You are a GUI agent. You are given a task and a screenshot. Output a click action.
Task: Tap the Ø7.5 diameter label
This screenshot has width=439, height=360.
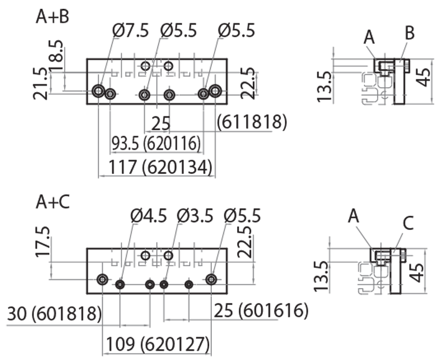pyautogui.click(x=131, y=31)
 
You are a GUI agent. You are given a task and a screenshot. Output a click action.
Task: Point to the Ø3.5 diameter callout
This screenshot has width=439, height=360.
pyautogui.click(x=195, y=215)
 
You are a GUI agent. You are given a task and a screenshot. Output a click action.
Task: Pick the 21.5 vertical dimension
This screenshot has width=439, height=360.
pyautogui.click(x=40, y=83)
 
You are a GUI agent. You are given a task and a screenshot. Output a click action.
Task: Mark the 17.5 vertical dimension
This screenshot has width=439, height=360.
pyautogui.click(x=42, y=243)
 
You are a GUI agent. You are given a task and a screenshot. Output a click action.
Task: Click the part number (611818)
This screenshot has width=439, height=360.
pyautogui.click(x=252, y=122)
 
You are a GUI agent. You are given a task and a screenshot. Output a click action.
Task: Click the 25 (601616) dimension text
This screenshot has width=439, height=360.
pyautogui.click(x=259, y=311)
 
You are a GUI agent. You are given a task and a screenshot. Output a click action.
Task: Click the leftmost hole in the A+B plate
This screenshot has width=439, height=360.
pyautogui.click(x=99, y=91)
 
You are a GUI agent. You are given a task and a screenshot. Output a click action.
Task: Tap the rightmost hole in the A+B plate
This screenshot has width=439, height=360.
pyautogui.click(x=215, y=91)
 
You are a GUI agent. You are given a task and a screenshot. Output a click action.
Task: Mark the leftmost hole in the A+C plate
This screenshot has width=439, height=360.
pyautogui.click(x=102, y=279)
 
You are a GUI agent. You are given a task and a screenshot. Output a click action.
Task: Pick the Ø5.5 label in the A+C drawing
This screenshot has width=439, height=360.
pyautogui.click(x=241, y=215)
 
